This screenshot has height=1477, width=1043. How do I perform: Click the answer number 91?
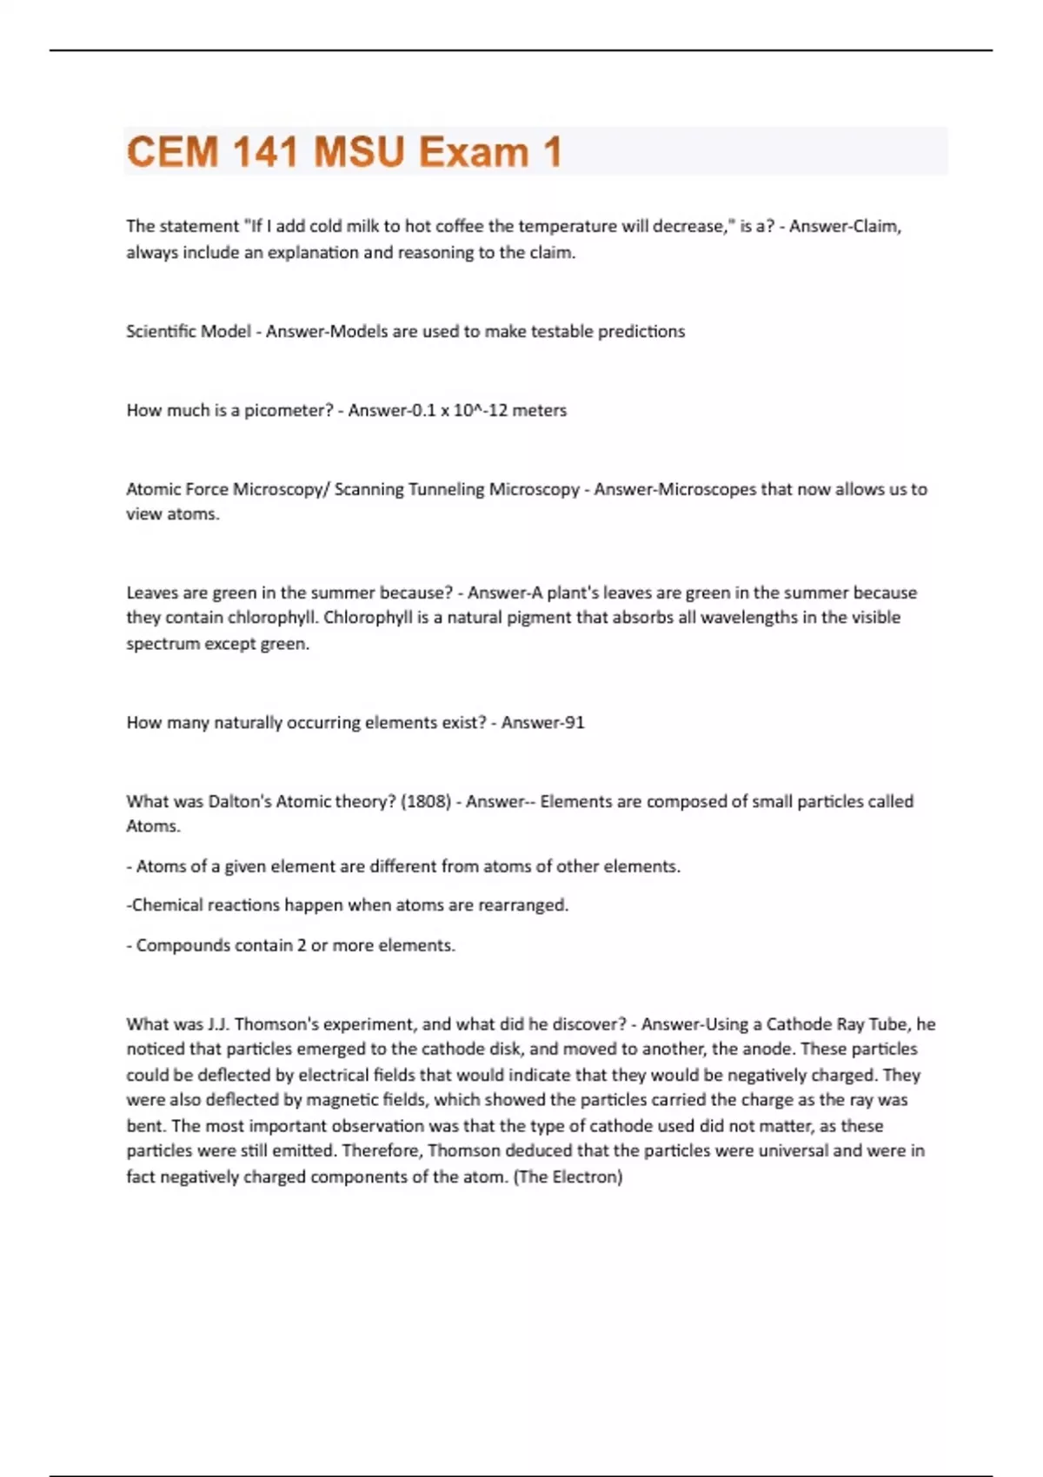(x=575, y=723)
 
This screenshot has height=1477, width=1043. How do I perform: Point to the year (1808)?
(x=425, y=801)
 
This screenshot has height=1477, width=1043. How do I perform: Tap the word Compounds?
(x=176, y=945)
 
